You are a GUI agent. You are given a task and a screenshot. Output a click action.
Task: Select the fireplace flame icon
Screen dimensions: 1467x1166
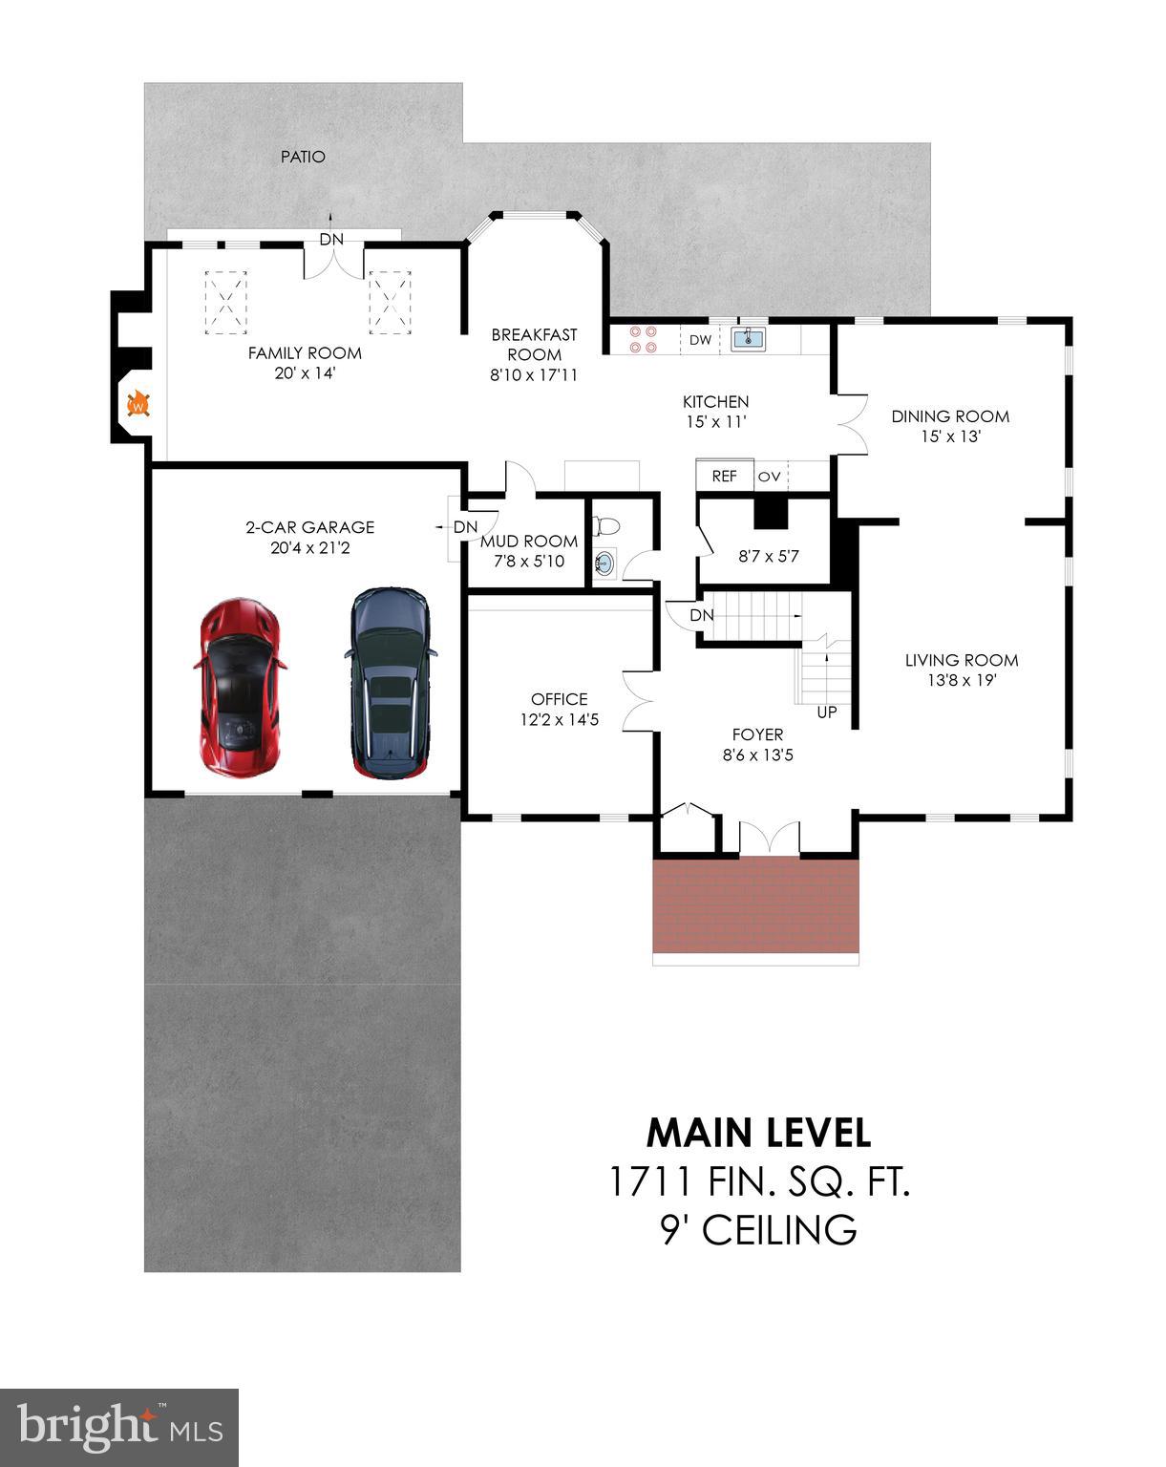139,404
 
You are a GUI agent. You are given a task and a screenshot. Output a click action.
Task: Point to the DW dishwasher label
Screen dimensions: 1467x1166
700,340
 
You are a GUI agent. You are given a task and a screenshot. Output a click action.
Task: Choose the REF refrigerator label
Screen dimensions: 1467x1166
725,476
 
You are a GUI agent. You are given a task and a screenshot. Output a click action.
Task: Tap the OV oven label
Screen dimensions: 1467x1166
769,476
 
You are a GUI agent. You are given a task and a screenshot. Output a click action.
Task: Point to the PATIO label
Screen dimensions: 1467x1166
304,157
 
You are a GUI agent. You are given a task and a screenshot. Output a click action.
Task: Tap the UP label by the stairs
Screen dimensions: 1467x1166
827,712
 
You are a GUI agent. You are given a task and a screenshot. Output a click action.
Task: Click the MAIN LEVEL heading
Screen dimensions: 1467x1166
758,1133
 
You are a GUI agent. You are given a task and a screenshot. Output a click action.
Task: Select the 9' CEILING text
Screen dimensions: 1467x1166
758,1230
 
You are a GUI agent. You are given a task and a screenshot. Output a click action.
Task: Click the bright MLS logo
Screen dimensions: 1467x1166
119,1427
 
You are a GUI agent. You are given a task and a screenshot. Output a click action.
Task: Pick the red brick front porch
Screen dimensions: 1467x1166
755,904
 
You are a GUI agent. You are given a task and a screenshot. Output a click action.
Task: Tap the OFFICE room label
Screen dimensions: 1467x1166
560,699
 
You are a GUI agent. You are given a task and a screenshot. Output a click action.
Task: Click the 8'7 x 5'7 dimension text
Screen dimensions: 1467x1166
769,556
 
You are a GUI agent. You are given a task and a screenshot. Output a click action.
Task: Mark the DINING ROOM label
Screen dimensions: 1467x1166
950,416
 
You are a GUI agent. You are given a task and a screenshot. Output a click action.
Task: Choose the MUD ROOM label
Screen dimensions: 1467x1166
529,542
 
